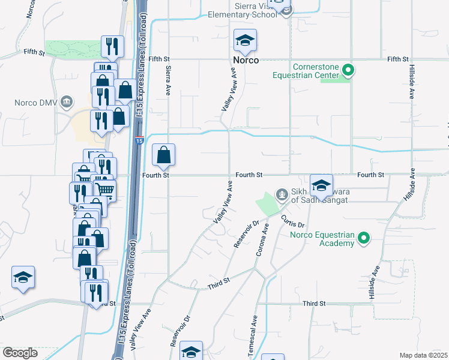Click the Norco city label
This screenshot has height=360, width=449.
[246, 61]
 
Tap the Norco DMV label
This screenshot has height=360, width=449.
[36, 103]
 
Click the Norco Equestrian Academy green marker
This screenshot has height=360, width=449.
[363, 239]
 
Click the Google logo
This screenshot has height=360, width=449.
[20, 352]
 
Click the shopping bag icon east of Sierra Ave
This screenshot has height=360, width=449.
[164, 155]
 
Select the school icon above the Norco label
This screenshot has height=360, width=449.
[245, 41]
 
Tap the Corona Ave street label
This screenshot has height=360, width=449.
[262, 238]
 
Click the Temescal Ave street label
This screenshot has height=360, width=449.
[255, 329]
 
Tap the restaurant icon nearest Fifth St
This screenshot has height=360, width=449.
[112, 46]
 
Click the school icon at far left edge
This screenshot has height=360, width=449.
[22, 277]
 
